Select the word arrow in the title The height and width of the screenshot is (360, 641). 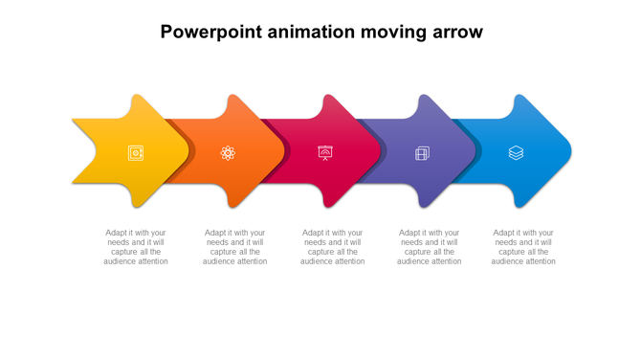(456, 32)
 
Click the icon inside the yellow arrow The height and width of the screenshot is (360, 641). (136, 153)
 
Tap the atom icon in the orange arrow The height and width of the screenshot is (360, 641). (228, 153)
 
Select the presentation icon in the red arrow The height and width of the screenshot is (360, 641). (325, 153)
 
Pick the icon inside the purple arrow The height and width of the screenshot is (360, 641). (422, 153)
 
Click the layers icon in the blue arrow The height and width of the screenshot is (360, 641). (516, 153)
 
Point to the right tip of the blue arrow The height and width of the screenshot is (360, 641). (569, 151)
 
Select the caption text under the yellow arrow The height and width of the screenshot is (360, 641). (136, 247)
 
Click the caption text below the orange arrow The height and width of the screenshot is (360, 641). (234, 247)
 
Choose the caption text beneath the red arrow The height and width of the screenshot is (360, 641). (332, 247)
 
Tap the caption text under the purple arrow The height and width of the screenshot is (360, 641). (429, 247)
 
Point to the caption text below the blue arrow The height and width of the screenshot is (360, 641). (523, 247)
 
